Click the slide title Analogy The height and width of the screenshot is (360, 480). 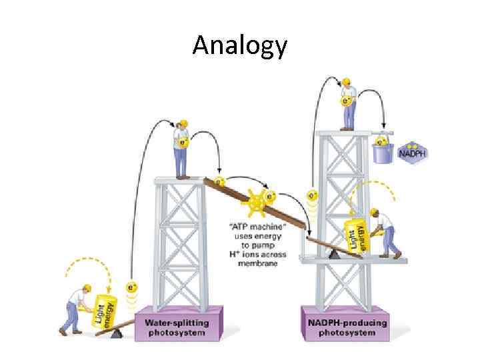click(240, 45)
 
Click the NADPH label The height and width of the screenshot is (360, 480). click(413, 155)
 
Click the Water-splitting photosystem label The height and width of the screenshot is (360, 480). click(177, 327)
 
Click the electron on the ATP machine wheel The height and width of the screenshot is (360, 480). click(271, 196)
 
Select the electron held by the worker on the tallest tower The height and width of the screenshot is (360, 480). click(345, 102)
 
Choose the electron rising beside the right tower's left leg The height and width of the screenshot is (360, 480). click(311, 195)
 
